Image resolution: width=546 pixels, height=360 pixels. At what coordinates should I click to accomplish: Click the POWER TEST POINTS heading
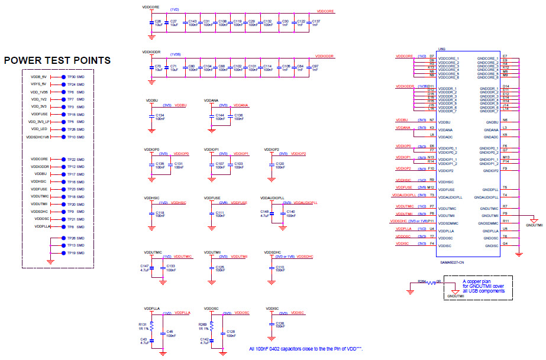pyautogui.click(x=57, y=60)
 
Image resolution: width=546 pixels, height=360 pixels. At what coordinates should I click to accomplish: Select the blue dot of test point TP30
pyautogui.click(x=63, y=77)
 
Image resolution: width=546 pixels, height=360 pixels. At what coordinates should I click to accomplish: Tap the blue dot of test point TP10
pyautogui.click(x=63, y=137)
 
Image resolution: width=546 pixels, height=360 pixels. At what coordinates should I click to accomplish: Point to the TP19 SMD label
pyautogui.click(x=76, y=252)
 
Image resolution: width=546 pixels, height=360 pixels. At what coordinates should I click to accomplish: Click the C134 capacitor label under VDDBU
pyautogui.click(x=159, y=115)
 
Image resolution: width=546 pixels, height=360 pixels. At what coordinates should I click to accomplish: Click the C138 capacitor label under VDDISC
pyautogui.click(x=280, y=323)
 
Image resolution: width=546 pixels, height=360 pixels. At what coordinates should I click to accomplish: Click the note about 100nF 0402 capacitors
pyautogui.click(x=305, y=349)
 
